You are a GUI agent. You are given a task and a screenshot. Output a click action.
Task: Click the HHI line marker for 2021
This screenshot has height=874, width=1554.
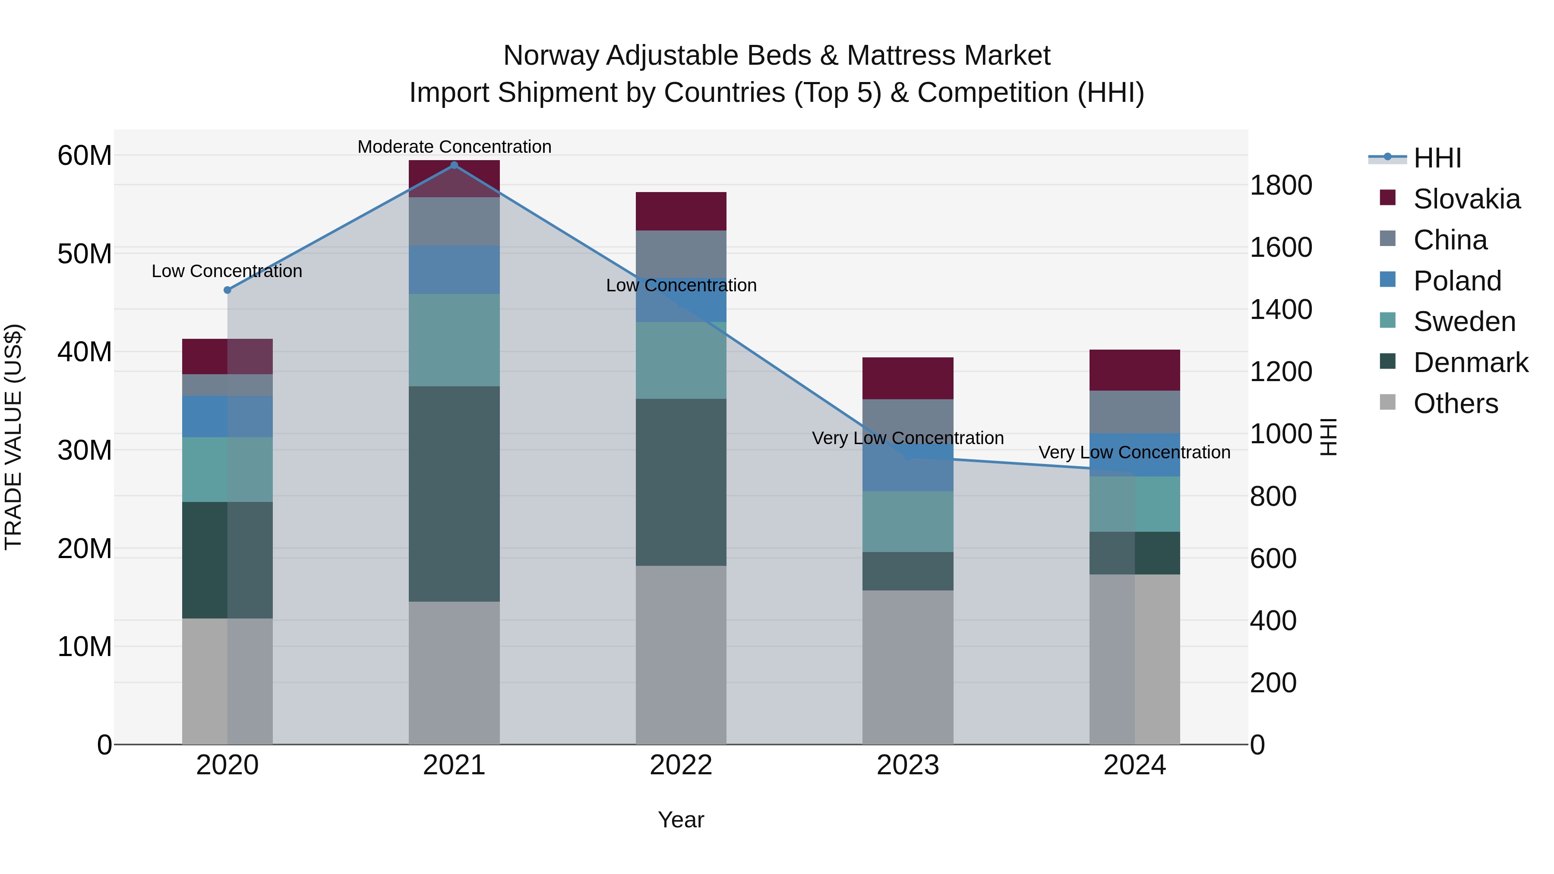(454, 165)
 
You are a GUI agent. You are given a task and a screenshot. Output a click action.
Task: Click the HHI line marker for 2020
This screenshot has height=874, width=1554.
(227, 290)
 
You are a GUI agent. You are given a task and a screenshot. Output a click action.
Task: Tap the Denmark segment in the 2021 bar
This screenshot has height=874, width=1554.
(454, 493)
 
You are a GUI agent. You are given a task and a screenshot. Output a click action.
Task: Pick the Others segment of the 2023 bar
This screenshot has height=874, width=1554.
(907, 666)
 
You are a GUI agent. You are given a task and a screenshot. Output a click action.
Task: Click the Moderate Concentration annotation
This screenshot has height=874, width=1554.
(454, 147)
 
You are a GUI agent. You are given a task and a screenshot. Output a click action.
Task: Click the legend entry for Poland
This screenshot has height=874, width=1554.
(1457, 281)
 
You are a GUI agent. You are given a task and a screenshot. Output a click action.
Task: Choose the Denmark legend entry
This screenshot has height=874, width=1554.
(1470, 363)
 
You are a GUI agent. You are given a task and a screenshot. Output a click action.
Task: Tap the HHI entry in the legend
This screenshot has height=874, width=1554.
(1437, 158)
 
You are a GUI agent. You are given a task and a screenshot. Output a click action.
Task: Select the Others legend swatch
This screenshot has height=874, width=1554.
(1387, 402)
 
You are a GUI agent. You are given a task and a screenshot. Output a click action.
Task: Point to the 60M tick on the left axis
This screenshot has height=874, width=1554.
(85, 156)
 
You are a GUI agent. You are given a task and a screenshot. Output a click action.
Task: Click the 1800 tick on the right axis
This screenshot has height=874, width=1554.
(1281, 185)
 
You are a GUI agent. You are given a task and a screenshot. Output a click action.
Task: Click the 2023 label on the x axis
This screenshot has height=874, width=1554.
(907, 765)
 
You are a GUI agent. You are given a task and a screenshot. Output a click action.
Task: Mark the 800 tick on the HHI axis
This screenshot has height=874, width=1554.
(1273, 496)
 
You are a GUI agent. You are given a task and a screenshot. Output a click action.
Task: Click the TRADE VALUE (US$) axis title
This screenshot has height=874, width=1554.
(13, 437)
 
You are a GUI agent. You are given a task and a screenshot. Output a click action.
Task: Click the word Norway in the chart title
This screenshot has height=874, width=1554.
(551, 56)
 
